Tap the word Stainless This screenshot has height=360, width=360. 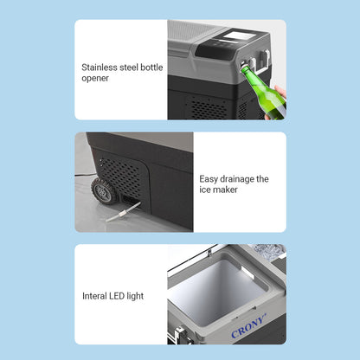[x=100, y=67]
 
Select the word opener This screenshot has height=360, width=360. [x=95, y=79]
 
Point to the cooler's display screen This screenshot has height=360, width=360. [x=234, y=36]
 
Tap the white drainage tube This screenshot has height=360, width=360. [x=123, y=212]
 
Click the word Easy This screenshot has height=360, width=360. [x=209, y=179]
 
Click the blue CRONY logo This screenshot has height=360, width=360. [x=248, y=325]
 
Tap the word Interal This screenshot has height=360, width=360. [x=94, y=296]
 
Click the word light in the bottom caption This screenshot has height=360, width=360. [x=135, y=296]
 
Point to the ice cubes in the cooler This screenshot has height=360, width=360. [x=267, y=250]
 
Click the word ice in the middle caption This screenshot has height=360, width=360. [x=205, y=190]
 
